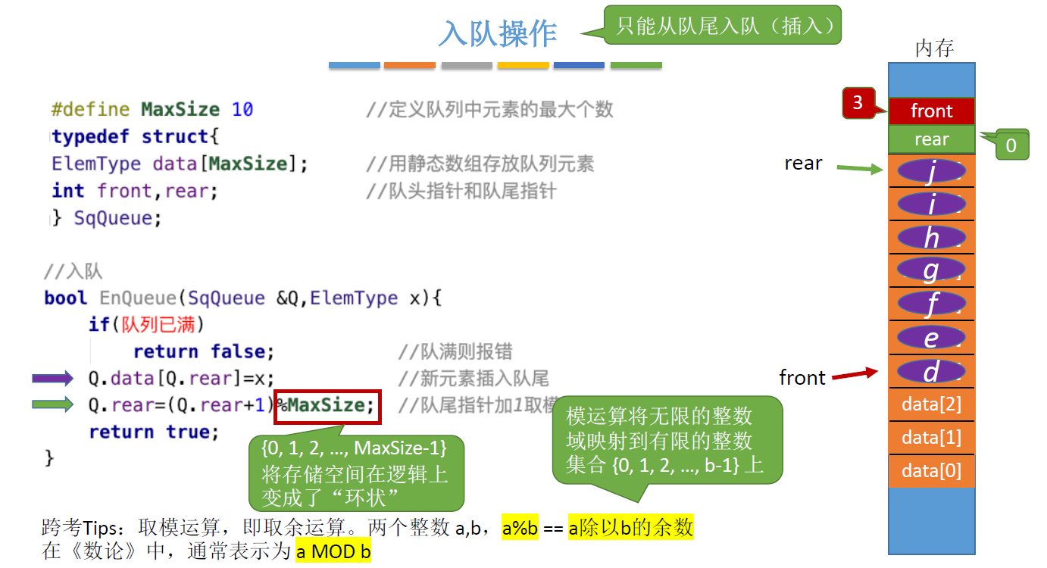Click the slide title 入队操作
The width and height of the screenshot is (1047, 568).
498,34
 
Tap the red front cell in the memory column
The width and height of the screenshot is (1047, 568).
931,111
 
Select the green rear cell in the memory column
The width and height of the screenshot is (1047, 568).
931,139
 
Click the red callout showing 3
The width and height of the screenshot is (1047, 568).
858,103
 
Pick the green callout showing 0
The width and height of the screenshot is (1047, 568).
1011,145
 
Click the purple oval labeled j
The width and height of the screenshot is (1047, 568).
931,172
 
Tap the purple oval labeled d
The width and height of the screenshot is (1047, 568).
931,371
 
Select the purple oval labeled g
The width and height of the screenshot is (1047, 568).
931,270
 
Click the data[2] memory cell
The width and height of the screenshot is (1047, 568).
931,404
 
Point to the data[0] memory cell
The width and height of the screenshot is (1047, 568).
931,471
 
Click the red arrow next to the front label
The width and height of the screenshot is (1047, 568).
855,374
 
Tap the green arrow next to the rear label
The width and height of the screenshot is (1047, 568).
860,169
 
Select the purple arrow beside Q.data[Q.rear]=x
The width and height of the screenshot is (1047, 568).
52,378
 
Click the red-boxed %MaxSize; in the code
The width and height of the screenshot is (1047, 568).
327,406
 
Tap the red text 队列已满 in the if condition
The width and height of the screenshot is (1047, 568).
164,325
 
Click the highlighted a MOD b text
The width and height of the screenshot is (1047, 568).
333,551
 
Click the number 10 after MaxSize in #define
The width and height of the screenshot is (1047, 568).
242,110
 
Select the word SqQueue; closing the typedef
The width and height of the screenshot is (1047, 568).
117,219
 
